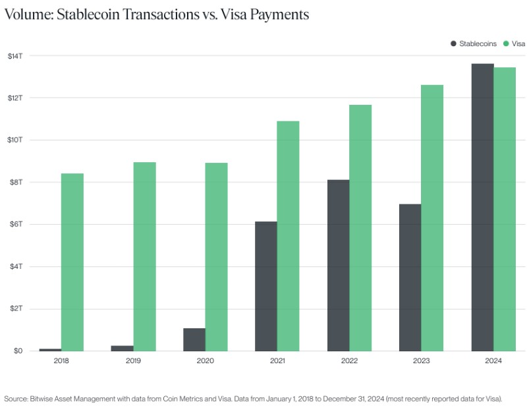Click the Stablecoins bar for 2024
[482, 207]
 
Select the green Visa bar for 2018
[72, 262]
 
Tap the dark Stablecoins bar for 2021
[266, 286]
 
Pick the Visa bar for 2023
[432, 218]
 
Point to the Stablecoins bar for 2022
[338, 265]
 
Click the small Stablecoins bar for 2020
[194, 339]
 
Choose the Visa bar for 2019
[144, 256]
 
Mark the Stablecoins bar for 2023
[410, 278]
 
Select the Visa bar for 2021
[288, 236]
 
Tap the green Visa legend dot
[507, 44]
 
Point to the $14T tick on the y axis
[16, 55]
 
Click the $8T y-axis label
[16, 182]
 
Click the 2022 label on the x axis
[349, 361]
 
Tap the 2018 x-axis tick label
[61, 361]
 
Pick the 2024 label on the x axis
[493, 361]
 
